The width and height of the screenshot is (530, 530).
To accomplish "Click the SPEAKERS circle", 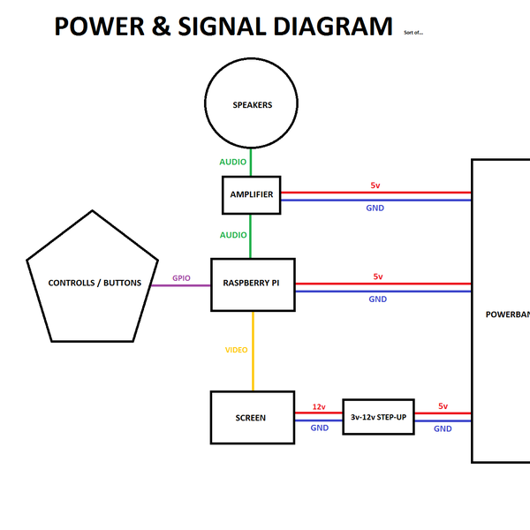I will pos(252,105).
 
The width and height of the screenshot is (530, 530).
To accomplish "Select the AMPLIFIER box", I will pos(251,194).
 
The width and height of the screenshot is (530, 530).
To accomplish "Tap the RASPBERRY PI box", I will pos(252,284).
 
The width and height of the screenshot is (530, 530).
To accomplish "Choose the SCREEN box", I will pos(252,418).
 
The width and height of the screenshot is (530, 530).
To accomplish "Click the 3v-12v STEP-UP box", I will pos(379,417).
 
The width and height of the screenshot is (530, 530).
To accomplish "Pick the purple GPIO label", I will pos(182,277).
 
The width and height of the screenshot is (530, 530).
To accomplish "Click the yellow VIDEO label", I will pos(236,351).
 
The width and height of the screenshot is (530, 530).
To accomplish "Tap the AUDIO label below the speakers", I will pos(233,163).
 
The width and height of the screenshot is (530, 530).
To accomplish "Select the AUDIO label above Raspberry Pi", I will pos(233,235).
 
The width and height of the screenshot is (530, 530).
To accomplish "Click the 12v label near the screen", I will pos(319,407).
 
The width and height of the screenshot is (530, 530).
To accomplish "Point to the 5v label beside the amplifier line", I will pos(375,185).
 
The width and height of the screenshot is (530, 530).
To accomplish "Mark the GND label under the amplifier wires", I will pos(375,208).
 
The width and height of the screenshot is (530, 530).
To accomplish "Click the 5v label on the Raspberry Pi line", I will pos(378,276).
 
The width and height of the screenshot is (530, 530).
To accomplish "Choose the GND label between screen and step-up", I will pos(320,428).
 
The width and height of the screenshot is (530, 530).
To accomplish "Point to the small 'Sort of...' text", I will pos(413,32).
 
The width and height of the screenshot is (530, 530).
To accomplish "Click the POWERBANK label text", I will pos(509,314).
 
